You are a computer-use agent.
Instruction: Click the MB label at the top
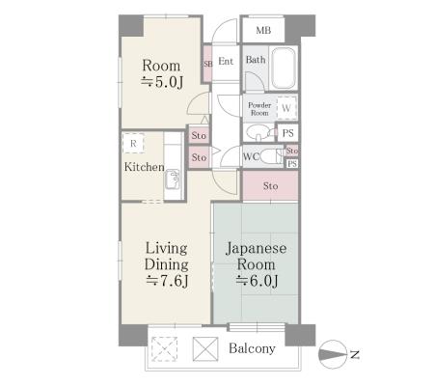click(x=263, y=31)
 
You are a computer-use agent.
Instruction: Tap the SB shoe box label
click(x=207, y=64)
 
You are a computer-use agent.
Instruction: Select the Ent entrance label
click(x=226, y=61)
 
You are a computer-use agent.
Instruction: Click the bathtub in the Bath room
click(x=283, y=69)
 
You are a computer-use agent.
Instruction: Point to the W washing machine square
click(x=286, y=108)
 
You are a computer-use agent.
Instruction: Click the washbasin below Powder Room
click(x=258, y=133)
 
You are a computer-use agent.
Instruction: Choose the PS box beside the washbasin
click(x=287, y=133)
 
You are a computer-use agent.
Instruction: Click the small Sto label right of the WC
click(x=292, y=151)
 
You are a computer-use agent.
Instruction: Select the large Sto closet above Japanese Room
click(x=270, y=185)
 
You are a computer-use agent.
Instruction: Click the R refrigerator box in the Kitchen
click(x=133, y=143)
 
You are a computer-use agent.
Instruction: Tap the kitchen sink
click(x=173, y=179)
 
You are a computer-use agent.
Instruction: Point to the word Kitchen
click(x=145, y=167)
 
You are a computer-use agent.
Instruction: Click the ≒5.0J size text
click(x=162, y=82)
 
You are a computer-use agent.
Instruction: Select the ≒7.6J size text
click(x=167, y=281)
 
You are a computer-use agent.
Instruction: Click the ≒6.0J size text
click(x=257, y=281)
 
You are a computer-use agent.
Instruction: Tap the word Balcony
click(x=252, y=348)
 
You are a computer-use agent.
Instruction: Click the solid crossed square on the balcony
click(x=205, y=349)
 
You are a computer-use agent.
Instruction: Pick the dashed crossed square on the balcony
click(x=164, y=349)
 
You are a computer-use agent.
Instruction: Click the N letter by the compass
click(x=355, y=355)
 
